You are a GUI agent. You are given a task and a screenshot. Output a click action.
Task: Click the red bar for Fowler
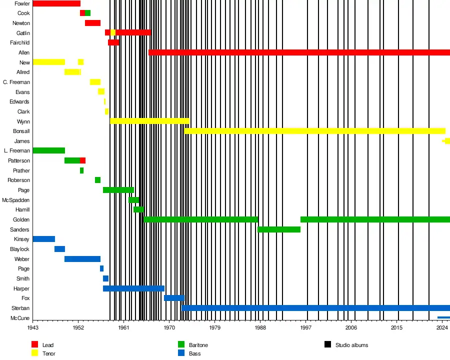coord(56,3)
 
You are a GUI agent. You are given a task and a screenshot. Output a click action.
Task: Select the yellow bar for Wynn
coord(149,121)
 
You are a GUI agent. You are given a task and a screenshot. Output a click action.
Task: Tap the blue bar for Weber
coord(82,259)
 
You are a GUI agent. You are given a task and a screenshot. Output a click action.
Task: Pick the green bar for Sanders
coord(279,229)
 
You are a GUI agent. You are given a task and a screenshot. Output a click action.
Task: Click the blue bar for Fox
coord(174,298)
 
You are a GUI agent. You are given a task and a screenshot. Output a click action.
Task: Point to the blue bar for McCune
coord(443,317)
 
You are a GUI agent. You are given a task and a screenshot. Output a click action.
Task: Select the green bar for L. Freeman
coord(48,150)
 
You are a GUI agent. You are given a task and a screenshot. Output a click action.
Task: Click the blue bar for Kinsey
coord(43,239)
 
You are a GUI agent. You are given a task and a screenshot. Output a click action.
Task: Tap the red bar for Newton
coord(92,23)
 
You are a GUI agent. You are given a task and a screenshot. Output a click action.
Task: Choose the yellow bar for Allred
coord(72,72)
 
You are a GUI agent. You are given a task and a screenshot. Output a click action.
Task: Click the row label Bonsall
coord(21,131)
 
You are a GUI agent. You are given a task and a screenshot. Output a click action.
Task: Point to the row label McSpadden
coord(16,200)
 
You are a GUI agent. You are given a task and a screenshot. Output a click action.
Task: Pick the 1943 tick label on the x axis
coord(33,328)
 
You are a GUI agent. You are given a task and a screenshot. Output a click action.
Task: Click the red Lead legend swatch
coord(34,344)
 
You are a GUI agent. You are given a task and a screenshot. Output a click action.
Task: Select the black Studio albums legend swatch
coord(328,344)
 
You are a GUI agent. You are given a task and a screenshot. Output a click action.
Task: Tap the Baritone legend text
coord(198,345)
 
